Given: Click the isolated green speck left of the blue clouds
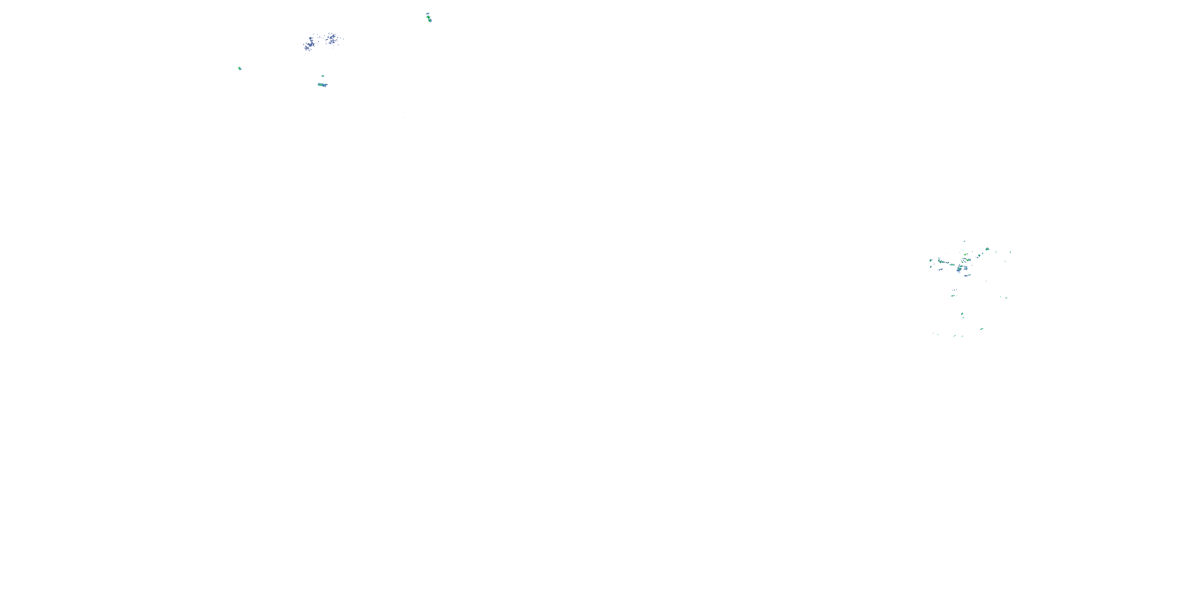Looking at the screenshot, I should (240, 68).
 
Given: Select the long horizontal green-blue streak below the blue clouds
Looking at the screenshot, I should (322, 85).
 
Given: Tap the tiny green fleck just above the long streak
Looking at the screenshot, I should (323, 76).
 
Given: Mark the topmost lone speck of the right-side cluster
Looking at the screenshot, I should (964, 241).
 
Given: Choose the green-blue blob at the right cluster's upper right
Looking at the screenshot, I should (987, 249).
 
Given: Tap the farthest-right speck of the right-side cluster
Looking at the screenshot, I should (1010, 252).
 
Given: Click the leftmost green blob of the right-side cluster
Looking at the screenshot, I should (931, 260).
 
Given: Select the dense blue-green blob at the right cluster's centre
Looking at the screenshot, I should (959, 269).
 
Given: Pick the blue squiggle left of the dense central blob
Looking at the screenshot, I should (941, 269).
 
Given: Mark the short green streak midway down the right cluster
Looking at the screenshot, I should (953, 296).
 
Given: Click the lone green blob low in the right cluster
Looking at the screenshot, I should (962, 314).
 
